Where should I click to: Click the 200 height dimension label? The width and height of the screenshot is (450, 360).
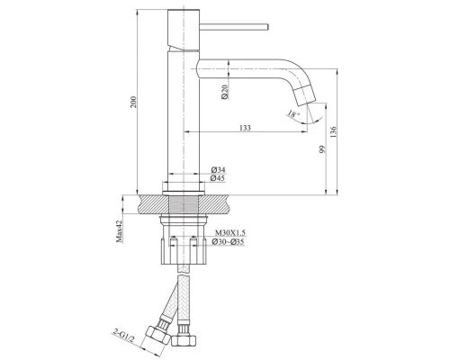point(134,102)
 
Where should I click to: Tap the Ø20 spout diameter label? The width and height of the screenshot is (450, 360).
point(225,92)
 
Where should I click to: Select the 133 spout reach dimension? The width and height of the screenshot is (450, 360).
point(245,128)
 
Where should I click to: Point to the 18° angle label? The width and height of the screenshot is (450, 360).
point(293,114)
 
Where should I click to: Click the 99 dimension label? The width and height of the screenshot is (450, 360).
point(322,149)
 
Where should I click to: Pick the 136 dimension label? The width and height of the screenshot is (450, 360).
point(333,132)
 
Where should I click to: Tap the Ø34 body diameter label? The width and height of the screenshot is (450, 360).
point(218,170)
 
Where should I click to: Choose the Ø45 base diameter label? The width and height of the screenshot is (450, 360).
point(218,178)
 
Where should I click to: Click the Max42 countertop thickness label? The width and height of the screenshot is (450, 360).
point(120,231)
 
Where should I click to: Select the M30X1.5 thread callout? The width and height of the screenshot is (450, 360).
point(229,233)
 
